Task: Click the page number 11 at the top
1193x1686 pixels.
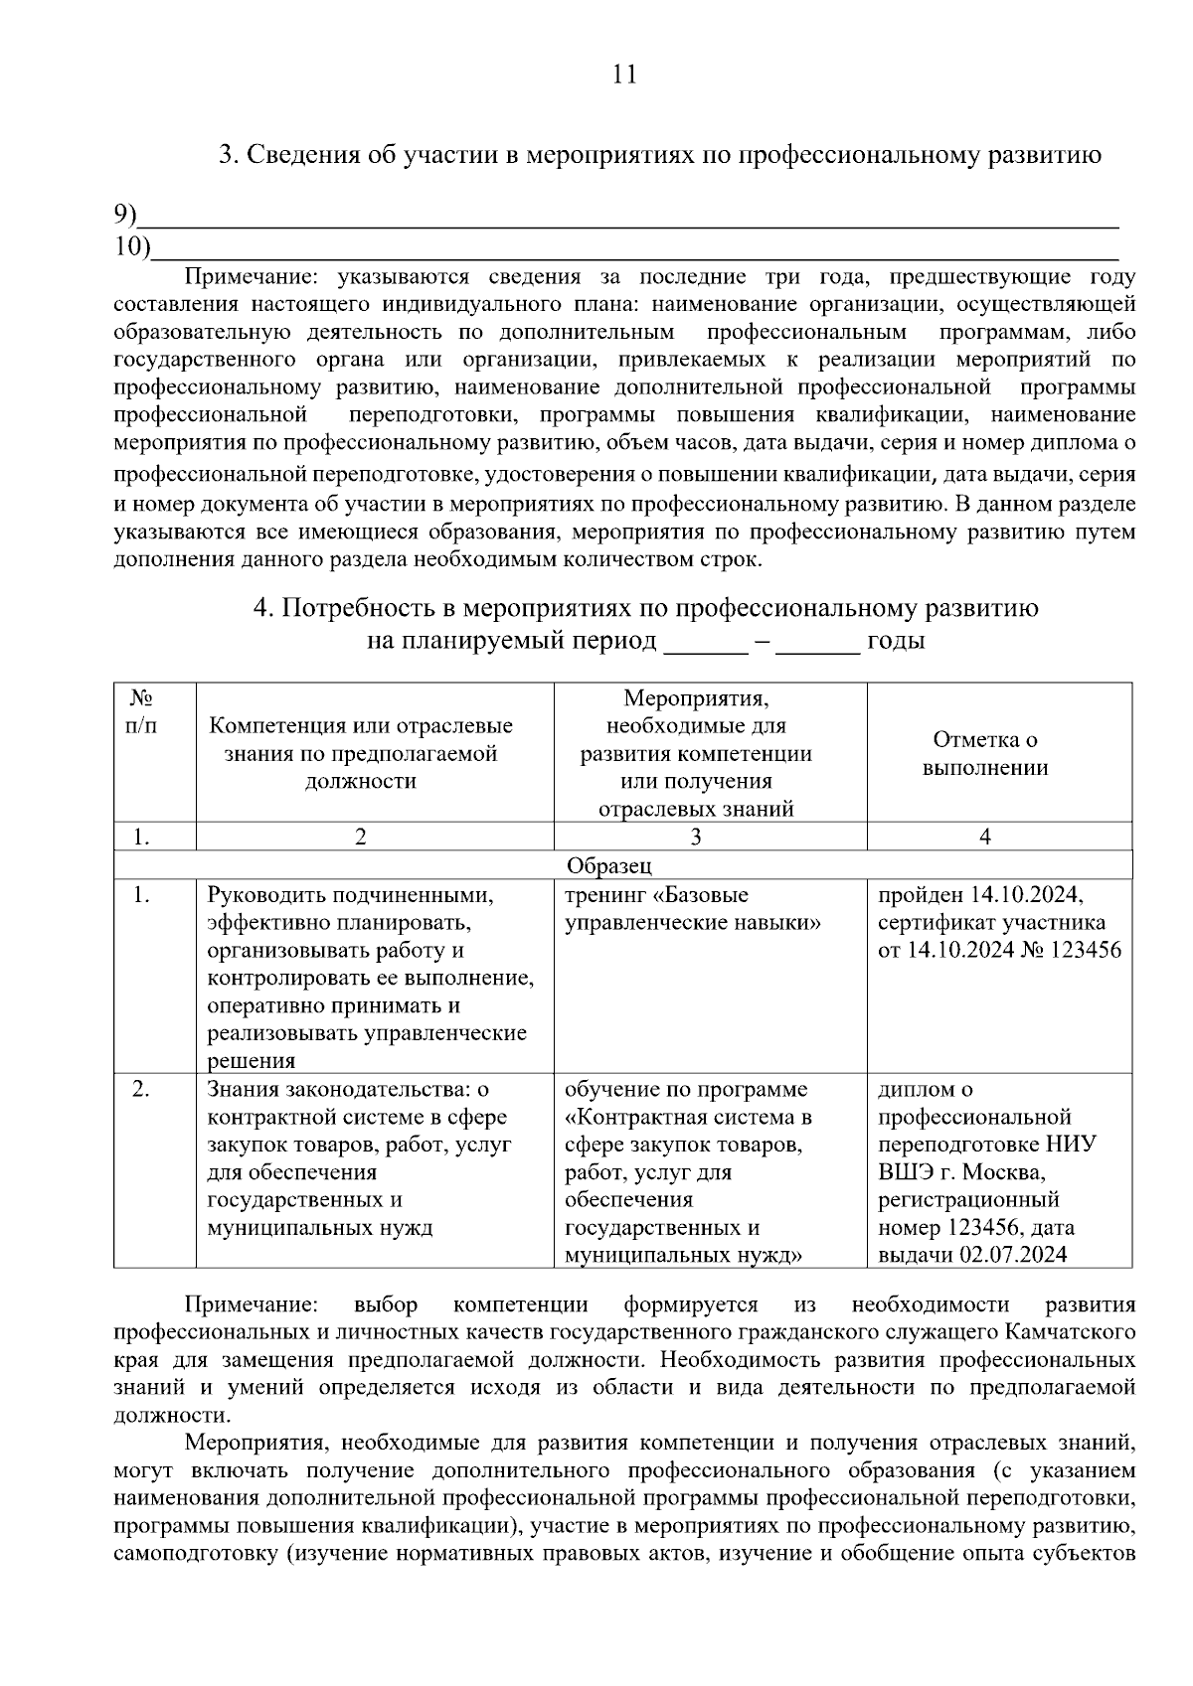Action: (x=624, y=75)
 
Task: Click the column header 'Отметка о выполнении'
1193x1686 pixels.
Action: (x=984, y=753)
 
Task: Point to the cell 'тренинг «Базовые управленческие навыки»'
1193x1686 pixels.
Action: (x=693, y=909)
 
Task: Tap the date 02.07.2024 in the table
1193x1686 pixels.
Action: (x=1013, y=1254)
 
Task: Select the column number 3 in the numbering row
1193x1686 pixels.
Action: (x=695, y=837)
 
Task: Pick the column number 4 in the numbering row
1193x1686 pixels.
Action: (x=984, y=837)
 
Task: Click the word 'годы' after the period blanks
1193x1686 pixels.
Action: (x=896, y=640)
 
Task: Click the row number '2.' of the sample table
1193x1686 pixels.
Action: (x=142, y=1089)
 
